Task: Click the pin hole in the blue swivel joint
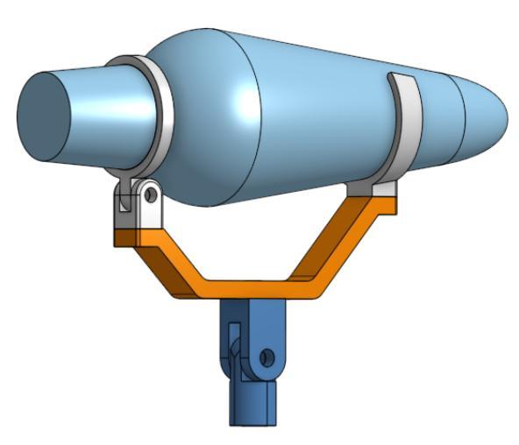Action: (x=267, y=357)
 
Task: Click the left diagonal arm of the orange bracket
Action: (x=158, y=262)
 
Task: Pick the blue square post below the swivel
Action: (x=254, y=403)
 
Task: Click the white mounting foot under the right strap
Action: (x=372, y=189)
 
